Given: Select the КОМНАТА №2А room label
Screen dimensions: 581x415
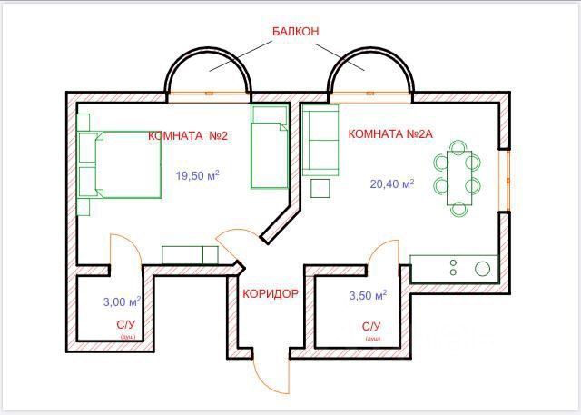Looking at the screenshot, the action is pyautogui.click(x=390, y=134).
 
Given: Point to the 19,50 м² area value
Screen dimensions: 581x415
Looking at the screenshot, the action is pyautogui.click(x=196, y=176).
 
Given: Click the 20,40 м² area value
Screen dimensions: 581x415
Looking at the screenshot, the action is pyautogui.click(x=391, y=183).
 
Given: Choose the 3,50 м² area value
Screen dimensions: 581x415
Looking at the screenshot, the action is pyautogui.click(x=368, y=296).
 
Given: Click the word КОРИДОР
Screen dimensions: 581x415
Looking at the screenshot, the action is pyautogui.click(x=270, y=293).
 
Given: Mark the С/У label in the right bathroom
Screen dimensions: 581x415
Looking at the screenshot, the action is pyautogui.click(x=371, y=325).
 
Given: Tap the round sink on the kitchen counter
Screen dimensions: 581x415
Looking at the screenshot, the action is pyautogui.click(x=482, y=268).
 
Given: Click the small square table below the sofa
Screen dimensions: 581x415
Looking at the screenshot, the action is pyautogui.click(x=320, y=188).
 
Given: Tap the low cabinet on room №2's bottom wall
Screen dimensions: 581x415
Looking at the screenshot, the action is pyautogui.click(x=190, y=254).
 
